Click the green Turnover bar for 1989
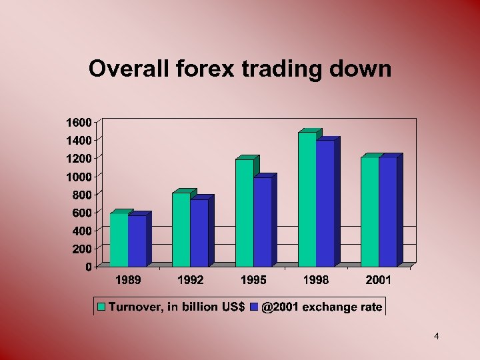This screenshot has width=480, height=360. click(x=119, y=239)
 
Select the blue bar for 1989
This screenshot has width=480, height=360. click(x=137, y=241)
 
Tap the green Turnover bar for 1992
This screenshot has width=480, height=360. click(x=181, y=229)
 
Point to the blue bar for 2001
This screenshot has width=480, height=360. click(x=387, y=211)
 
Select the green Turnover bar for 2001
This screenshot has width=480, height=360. click(x=369, y=211)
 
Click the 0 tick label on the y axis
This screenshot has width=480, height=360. click(x=88, y=267)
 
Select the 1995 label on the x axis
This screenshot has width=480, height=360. click(x=253, y=281)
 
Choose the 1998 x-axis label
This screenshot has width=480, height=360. click(x=316, y=281)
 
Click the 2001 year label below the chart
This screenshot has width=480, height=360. click(x=379, y=281)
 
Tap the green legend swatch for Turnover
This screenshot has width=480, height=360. click(x=102, y=307)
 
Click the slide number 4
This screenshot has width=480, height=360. click(x=436, y=337)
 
